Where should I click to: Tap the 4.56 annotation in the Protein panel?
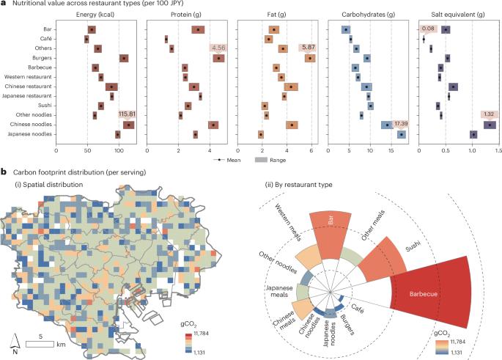(218, 48)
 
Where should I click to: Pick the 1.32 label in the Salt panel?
(490, 114)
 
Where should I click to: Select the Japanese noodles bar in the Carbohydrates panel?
(401, 134)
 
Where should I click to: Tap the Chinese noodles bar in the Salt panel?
(490, 125)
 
